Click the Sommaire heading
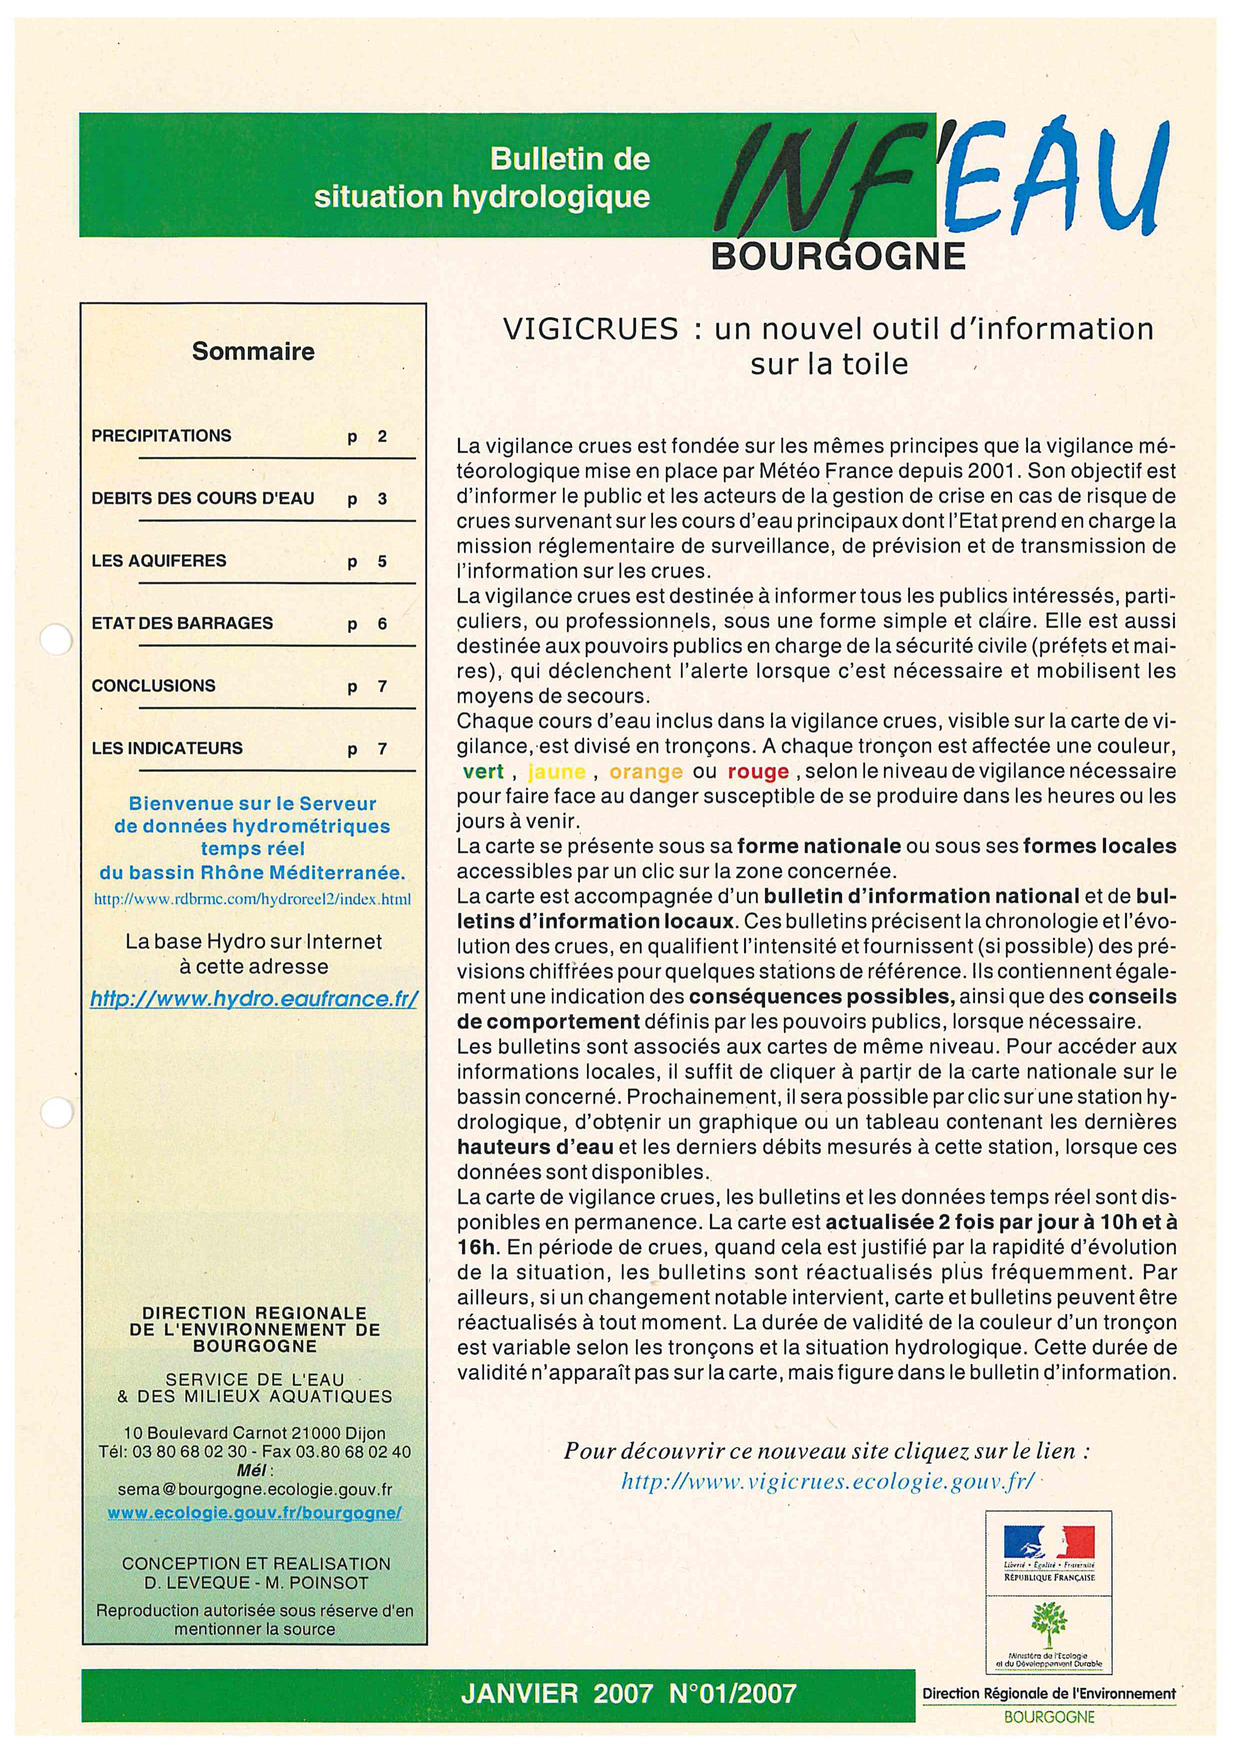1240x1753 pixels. point(252,351)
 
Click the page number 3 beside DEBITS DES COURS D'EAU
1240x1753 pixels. point(382,499)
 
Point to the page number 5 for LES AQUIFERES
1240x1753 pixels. point(382,562)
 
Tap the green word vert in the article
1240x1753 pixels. point(483,771)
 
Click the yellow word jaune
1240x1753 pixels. point(556,771)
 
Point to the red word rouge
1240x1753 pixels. point(758,771)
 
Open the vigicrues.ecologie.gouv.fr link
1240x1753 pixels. point(827,1482)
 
